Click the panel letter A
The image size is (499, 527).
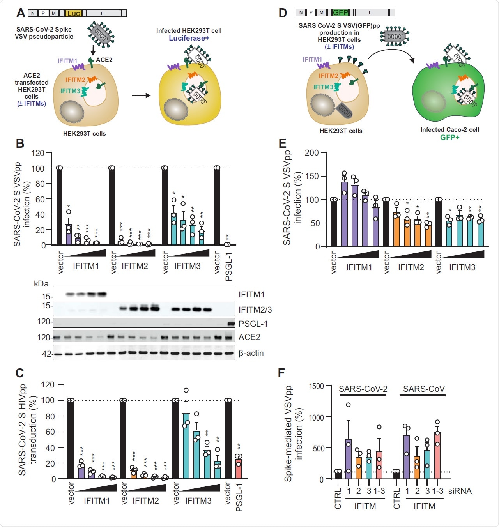pos(21,13)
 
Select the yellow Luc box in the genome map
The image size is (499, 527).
pos(73,13)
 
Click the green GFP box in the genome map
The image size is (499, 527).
pos(340,12)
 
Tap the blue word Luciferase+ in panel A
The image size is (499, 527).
pos(189,38)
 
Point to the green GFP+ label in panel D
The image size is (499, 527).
pos(449,137)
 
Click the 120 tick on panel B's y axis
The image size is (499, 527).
pos(38,153)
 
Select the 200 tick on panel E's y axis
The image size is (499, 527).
pos(311,153)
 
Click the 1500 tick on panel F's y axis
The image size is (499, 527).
pos(316,386)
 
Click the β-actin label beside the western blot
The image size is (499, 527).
pos(251,353)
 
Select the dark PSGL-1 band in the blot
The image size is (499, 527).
pos(231,324)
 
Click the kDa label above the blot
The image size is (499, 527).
pos(41,284)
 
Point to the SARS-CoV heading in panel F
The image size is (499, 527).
pos(423,389)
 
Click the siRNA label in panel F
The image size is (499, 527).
pos(460,491)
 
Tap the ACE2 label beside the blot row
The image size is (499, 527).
pos(249,337)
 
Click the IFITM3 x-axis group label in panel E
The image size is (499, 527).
pos(462,267)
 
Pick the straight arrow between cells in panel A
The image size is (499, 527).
pos(141,95)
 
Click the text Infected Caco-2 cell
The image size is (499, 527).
pos(449,130)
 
